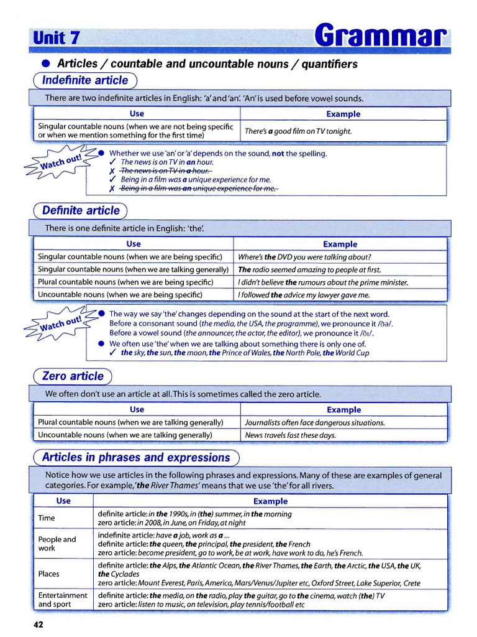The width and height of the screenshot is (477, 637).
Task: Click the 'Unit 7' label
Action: point(57,37)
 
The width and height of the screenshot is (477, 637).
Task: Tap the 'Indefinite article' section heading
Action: point(84,80)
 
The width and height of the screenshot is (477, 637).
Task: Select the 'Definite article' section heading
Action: point(81,210)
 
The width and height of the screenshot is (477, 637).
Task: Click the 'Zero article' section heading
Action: point(73,376)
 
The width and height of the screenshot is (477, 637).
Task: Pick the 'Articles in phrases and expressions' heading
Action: point(135,457)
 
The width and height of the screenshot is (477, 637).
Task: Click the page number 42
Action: point(38,624)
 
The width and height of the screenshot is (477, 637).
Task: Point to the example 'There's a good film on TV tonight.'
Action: point(298,131)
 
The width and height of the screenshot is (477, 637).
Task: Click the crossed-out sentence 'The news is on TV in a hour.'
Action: point(166,171)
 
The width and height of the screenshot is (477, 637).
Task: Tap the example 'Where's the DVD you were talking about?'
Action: point(304,257)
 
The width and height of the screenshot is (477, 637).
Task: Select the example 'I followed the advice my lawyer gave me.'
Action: point(304,295)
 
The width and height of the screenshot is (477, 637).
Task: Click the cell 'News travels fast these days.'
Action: point(290,435)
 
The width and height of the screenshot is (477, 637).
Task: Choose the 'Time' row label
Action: point(47,518)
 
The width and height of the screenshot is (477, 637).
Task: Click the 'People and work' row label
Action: point(57,544)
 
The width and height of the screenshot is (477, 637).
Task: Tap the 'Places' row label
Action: point(49,574)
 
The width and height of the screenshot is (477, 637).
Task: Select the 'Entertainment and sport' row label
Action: point(62,600)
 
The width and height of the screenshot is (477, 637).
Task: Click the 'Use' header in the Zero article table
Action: point(137,409)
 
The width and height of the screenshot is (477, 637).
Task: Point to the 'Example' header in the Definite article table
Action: point(340,244)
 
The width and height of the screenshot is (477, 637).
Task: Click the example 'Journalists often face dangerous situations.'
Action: point(315,422)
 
